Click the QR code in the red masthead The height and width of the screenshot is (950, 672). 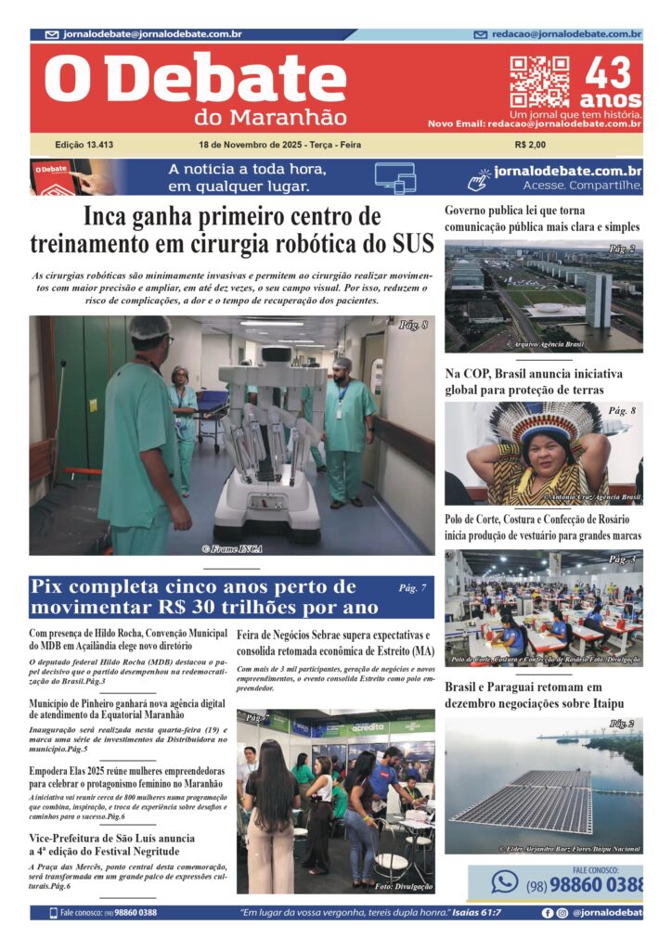[539, 82]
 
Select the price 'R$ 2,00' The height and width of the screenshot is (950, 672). [530, 145]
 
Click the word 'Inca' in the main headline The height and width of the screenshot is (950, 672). [110, 218]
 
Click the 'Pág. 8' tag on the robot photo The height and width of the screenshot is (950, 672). [412, 325]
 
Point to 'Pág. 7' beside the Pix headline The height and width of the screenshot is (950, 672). [412, 587]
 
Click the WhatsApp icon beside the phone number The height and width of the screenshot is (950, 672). [504, 882]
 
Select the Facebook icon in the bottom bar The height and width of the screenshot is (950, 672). [548, 913]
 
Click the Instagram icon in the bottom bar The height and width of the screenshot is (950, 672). [562, 913]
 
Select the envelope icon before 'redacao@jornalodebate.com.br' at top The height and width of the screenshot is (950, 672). [480, 34]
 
